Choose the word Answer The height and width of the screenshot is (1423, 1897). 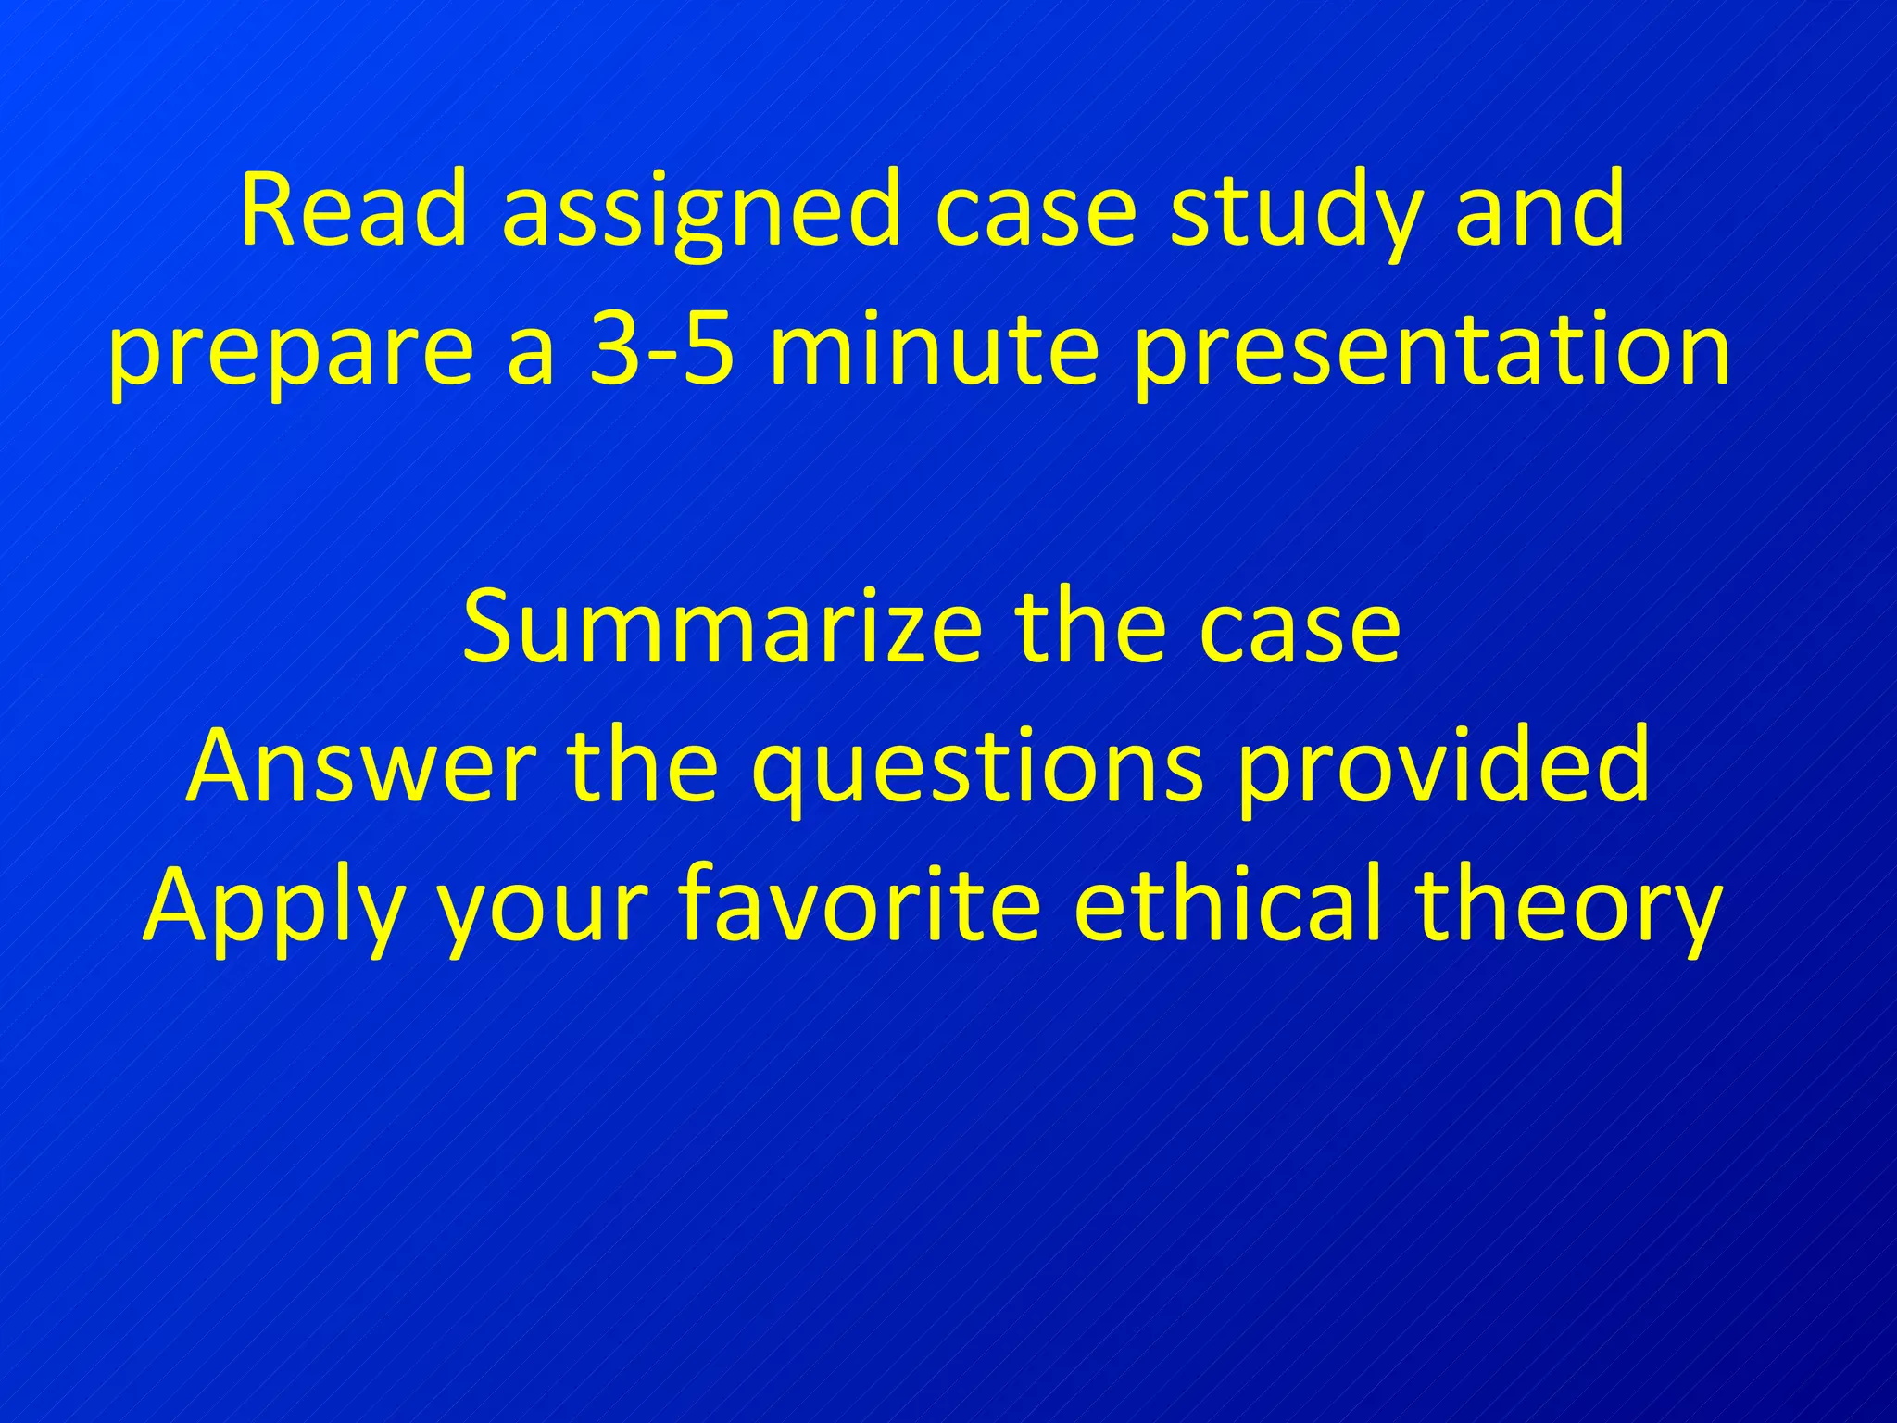coord(360,765)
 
